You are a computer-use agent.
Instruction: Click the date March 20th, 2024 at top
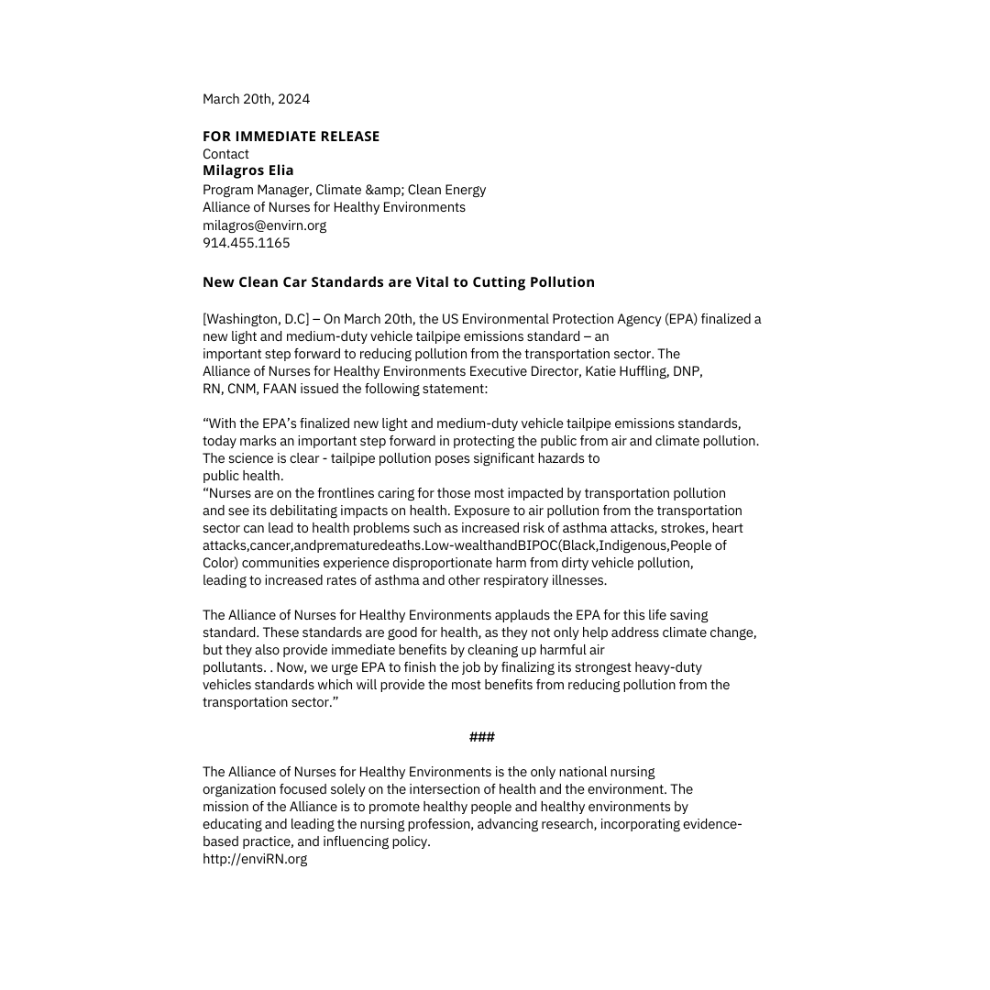tap(256, 99)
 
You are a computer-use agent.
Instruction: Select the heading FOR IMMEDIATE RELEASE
tap(291, 137)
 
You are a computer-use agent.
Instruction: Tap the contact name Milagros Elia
tap(247, 170)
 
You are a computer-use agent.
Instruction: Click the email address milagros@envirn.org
tap(264, 225)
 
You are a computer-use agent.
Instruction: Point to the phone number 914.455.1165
tap(246, 243)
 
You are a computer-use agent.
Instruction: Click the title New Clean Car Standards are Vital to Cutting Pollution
tap(398, 282)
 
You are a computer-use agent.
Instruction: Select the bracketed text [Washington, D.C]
tap(256, 319)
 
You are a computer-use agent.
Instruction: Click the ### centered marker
tap(481, 737)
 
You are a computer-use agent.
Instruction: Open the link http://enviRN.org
tap(255, 859)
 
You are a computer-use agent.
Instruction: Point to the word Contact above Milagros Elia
tap(225, 154)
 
